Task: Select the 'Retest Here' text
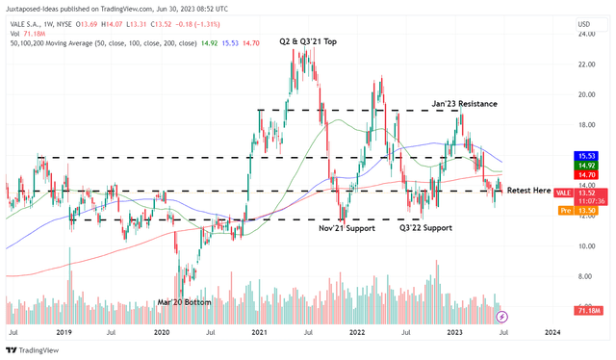tap(528, 191)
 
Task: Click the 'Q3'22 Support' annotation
tap(426, 228)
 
